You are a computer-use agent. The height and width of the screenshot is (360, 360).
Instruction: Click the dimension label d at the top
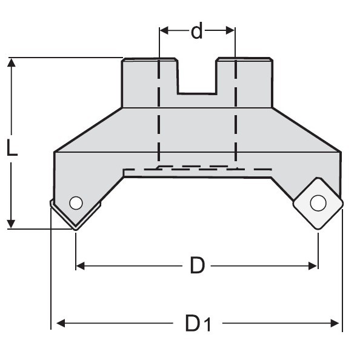point(197,31)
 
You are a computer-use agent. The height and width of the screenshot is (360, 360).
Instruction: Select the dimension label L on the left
point(12,147)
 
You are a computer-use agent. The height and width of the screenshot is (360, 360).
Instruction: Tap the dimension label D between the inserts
point(197,265)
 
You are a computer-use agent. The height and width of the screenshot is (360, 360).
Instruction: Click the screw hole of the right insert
point(317,203)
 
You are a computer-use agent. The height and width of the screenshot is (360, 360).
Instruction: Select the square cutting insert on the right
point(318,203)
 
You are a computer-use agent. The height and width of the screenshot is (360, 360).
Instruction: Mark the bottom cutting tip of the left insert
point(75,228)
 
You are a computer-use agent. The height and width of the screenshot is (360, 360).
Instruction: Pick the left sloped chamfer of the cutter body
point(88,130)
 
